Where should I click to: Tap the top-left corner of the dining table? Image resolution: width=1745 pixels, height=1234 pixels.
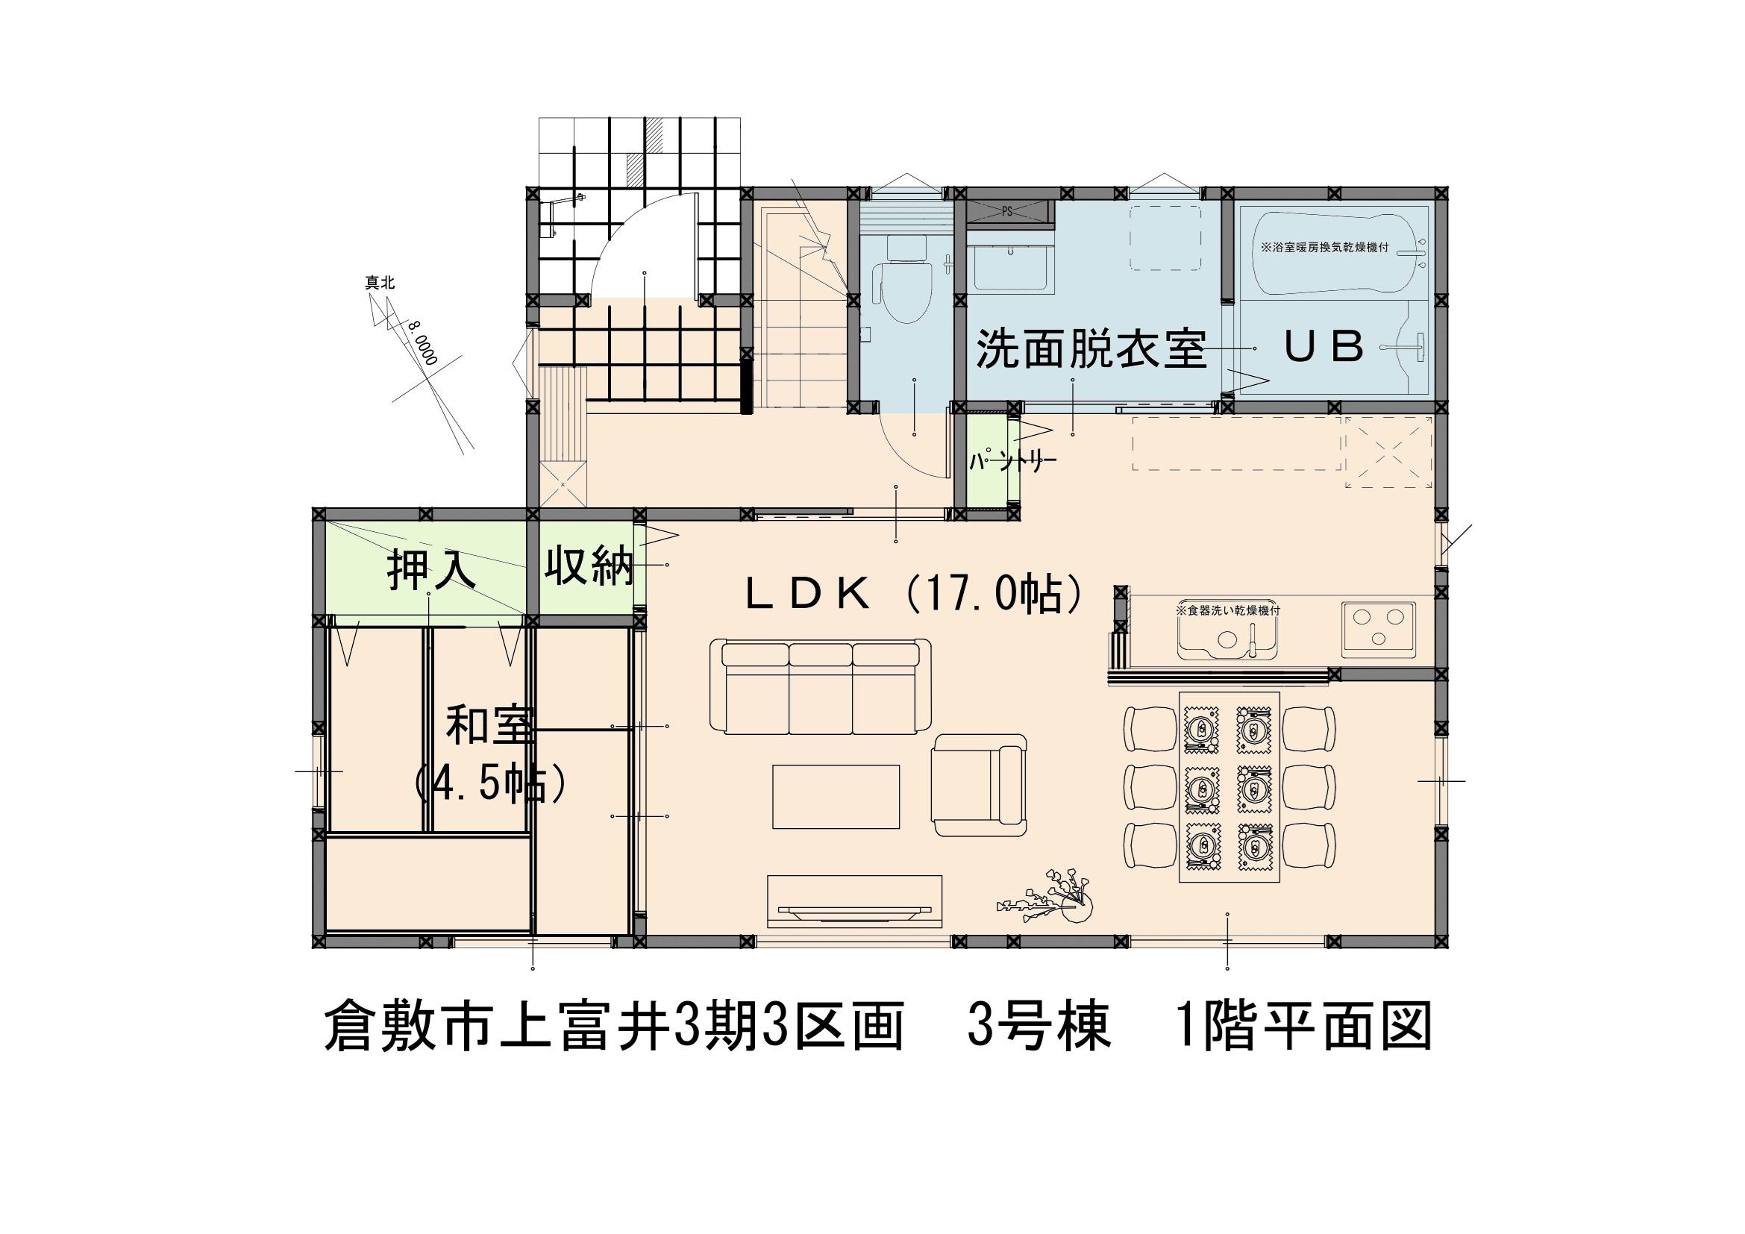(1179, 692)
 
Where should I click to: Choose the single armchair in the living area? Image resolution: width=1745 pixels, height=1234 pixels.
(980, 778)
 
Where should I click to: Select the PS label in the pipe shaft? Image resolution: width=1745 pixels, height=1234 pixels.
(1007, 212)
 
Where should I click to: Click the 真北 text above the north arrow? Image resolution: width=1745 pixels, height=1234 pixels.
(380, 284)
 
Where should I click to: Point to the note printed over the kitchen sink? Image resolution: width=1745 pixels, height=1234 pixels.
(1228, 610)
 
